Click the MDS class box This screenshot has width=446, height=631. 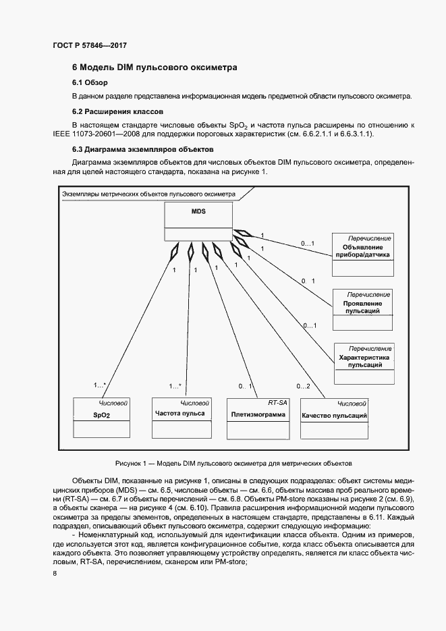pos(198,223)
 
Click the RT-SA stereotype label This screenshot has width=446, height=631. pos(277,402)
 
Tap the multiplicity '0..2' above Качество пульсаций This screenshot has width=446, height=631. pos(303,386)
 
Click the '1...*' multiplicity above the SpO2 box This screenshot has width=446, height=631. pos(99,386)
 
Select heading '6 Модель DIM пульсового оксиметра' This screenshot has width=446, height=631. pos(155,67)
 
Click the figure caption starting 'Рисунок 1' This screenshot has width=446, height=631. pos(233,463)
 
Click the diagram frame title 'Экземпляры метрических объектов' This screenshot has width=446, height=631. pos(148,194)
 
